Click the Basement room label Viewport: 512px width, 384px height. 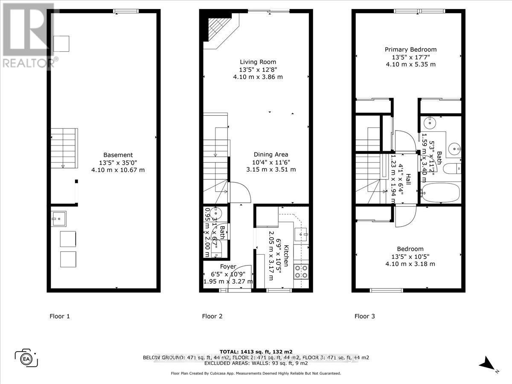pyautogui.click(x=118, y=155)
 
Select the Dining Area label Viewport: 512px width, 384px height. pyautogui.click(x=271, y=154)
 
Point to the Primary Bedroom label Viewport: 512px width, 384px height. pyautogui.click(x=410, y=49)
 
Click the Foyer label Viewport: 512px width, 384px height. pyautogui.click(x=228, y=267)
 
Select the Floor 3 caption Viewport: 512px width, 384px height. pyautogui.click(x=365, y=316)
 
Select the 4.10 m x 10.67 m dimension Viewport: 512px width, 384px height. pyautogui.click(x=118, y=170)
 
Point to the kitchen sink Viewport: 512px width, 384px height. pyautogui.click(x=304, y=233)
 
